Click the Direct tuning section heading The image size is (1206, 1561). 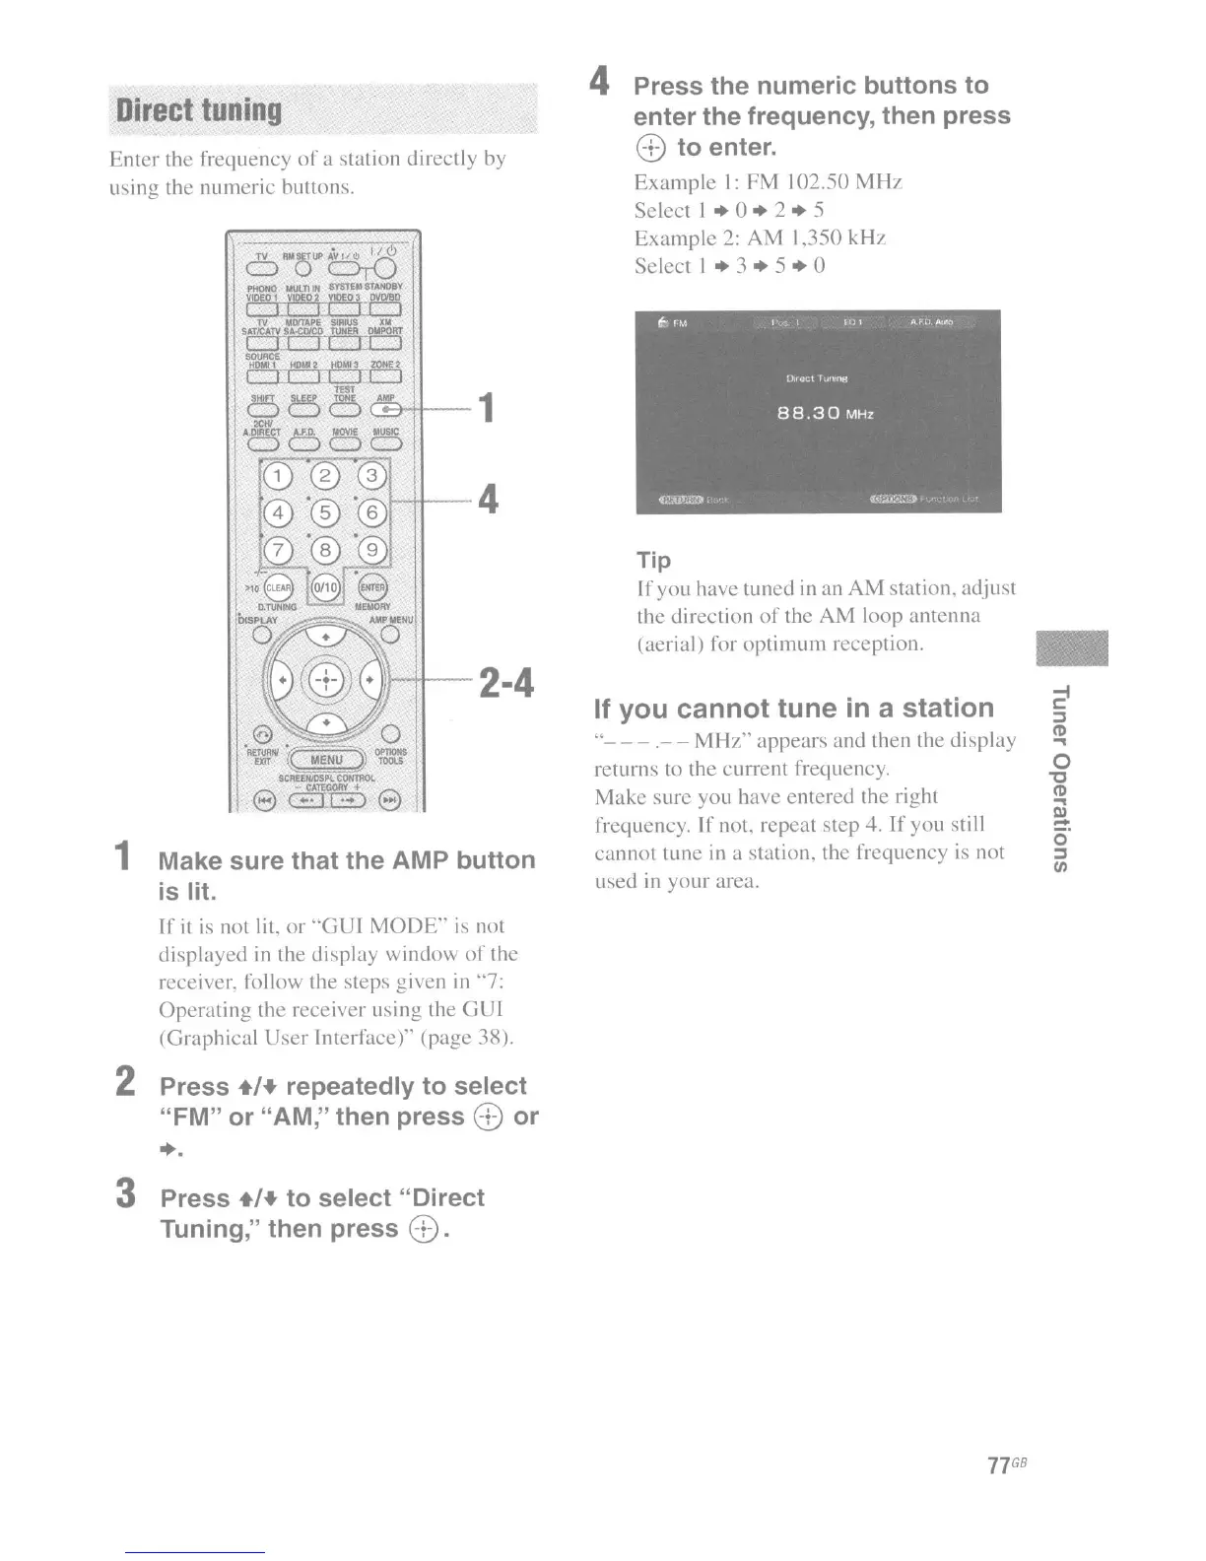[199, 110]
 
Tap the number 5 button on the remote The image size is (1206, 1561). [325, 513]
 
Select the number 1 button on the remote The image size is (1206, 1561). [279, 478]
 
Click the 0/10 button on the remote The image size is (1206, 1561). [325, 588]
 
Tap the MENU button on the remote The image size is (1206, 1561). [325, 760]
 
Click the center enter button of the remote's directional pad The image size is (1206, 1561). [325, 680]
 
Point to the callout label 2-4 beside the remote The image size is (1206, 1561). [505, 682]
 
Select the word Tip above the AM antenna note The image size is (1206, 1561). [653, 561]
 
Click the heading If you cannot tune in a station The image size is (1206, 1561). [794, 709]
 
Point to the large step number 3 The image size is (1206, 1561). [125, 1194]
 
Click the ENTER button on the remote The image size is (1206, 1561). [371, 588]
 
